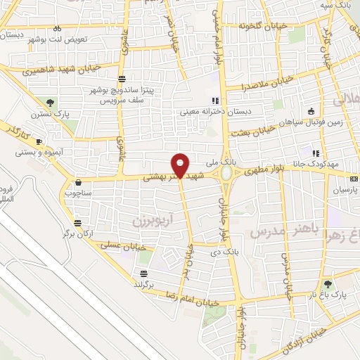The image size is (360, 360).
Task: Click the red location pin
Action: pyautogui.click(x=180, y=165)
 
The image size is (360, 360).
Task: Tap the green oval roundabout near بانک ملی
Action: pyautogui.click(x=226, y=172)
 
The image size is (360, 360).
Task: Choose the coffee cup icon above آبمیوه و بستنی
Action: pyautogui.click(x=39, y=141)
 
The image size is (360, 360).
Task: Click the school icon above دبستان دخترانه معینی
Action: pyautogui.click(x=215, y=100)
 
